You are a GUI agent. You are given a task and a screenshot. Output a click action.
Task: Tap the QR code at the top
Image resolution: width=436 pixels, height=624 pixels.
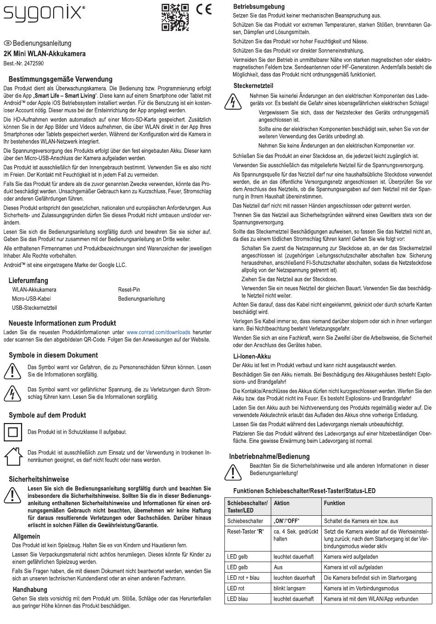pos(175,17)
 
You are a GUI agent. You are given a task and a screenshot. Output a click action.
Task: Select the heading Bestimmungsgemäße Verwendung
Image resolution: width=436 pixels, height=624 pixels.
pos(61,79)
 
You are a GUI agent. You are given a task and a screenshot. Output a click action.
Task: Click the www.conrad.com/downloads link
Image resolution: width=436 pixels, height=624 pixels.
pos(158,332)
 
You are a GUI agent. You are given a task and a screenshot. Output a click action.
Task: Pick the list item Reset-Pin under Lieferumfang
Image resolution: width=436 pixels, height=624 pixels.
pos(129,290)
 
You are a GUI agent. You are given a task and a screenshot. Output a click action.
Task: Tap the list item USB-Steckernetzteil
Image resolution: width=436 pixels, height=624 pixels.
pos(34,308)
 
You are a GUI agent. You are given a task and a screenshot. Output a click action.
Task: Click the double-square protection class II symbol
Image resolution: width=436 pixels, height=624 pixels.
pos(13,432)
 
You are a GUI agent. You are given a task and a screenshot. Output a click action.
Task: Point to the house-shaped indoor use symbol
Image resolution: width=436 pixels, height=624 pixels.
pos(13,456)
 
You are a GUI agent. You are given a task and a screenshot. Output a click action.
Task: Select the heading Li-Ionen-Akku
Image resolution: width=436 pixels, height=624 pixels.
pos(252,356)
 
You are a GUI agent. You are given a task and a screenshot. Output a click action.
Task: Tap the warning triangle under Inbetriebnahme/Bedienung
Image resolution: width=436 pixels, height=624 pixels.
pos(233,472)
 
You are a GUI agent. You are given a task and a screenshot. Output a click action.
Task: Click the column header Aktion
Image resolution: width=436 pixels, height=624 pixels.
pos(281,503)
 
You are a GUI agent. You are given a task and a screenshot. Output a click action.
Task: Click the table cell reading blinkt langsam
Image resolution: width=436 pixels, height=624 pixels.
pos(290,588)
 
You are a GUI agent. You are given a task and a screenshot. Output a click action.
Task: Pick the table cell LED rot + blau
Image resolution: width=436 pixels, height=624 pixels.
pos(243,578)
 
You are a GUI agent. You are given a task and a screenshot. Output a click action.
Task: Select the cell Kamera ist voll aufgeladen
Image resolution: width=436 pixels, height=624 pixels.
pos(353,567)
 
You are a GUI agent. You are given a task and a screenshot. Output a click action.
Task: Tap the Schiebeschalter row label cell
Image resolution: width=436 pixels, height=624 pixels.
pos(245,521)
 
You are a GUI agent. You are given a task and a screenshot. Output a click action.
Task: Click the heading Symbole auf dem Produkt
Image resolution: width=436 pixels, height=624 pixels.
pos(47,415)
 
